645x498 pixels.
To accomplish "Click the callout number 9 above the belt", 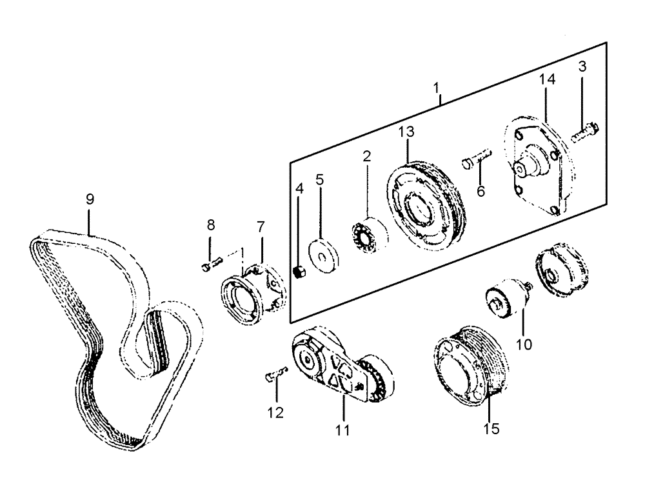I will pos(90,201).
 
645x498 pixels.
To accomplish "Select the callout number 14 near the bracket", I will pos(547,80).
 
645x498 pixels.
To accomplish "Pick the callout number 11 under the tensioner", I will pos(342,430).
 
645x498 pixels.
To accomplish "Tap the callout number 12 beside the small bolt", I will pos(276,413).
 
